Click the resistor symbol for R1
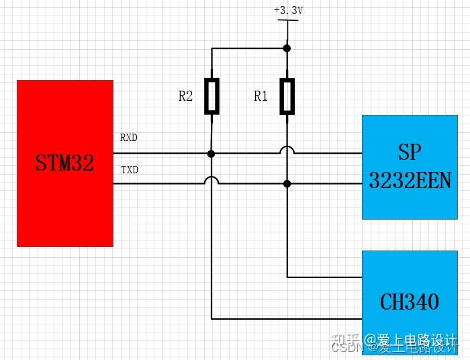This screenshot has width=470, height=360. (287, 96)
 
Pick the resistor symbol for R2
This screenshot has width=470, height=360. (211, 96)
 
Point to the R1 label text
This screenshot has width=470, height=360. (261, 97)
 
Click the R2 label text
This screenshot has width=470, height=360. (185, 97)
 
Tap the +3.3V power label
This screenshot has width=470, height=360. (287, 11)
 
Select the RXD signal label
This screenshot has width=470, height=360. (129, 138)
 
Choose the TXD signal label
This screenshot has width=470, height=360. (130, 170)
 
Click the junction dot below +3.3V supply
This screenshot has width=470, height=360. (287, 48)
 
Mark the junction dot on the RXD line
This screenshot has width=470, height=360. (211, 154)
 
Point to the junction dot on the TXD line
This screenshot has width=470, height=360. (287, 183)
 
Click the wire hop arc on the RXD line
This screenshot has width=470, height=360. (287, 150)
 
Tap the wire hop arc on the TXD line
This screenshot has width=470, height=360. (211, 180)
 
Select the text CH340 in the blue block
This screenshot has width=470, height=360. (410, 302)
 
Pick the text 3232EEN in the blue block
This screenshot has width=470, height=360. (410, 180)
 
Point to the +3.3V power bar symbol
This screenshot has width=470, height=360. (287, 21)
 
